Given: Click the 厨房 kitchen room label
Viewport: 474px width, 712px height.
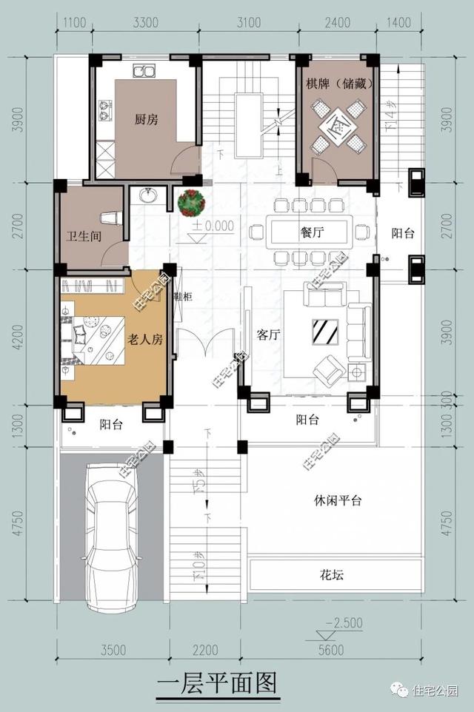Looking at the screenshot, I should pyautogui.click(x=146, y=119).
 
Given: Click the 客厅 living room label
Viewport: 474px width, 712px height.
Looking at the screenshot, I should pyautogui.click(x=267, y=335).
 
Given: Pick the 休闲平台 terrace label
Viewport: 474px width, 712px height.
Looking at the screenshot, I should pyautogui.click(x=337, y=500).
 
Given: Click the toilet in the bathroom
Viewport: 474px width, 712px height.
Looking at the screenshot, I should pyautogui.click(x=110, y=218).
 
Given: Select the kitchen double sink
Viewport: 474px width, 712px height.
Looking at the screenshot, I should pyautogui.click(x=144, y=72).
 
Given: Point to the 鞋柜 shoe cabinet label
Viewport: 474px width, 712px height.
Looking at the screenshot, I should pyautogui.click(x=183, y=297).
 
